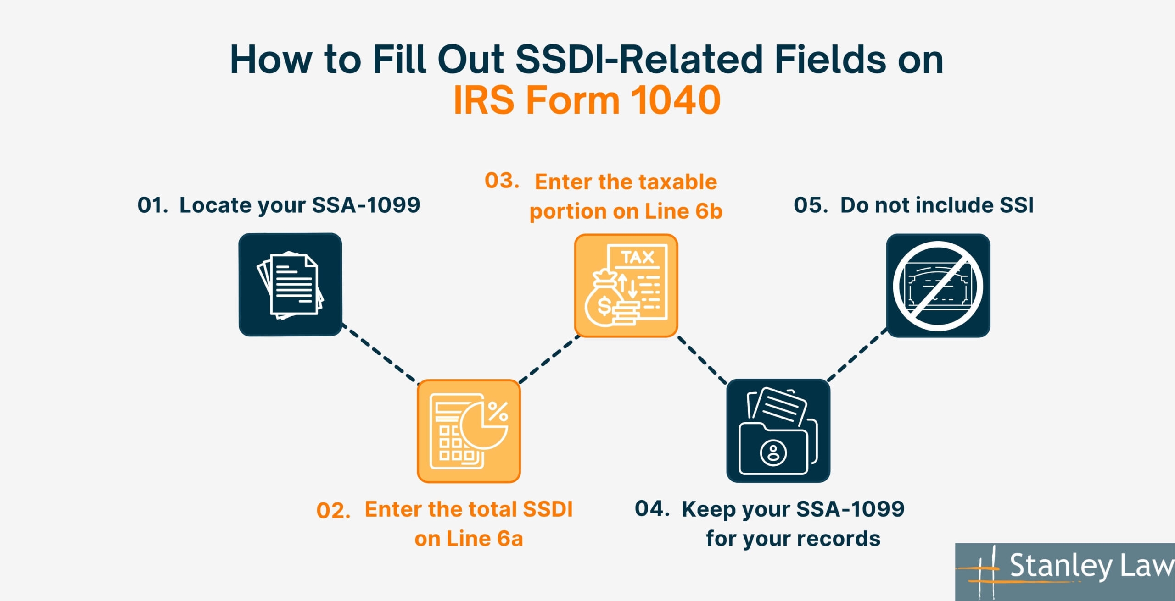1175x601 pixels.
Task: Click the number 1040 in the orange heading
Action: (675, 99)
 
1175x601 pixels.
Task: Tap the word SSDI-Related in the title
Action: (639, 60)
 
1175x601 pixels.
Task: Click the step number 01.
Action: (153, 205)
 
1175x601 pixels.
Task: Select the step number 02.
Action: (333, 511)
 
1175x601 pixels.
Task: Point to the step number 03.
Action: (502, 181)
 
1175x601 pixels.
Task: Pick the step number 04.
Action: (652, 508)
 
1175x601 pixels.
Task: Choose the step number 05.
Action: (811, 205)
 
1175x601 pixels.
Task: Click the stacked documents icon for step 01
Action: (290, 285)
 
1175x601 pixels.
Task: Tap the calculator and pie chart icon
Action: (469, 431)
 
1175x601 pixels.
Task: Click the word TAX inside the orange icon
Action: (638, 257)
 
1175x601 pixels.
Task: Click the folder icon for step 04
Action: (778, 430)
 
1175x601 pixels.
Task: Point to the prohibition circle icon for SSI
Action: (938, 286)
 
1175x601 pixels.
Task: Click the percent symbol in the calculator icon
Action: (498, 411)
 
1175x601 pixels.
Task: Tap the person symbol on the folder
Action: (773, 453)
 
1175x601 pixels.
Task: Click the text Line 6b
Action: (683, 211)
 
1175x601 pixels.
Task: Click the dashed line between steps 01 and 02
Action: (380, 354)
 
